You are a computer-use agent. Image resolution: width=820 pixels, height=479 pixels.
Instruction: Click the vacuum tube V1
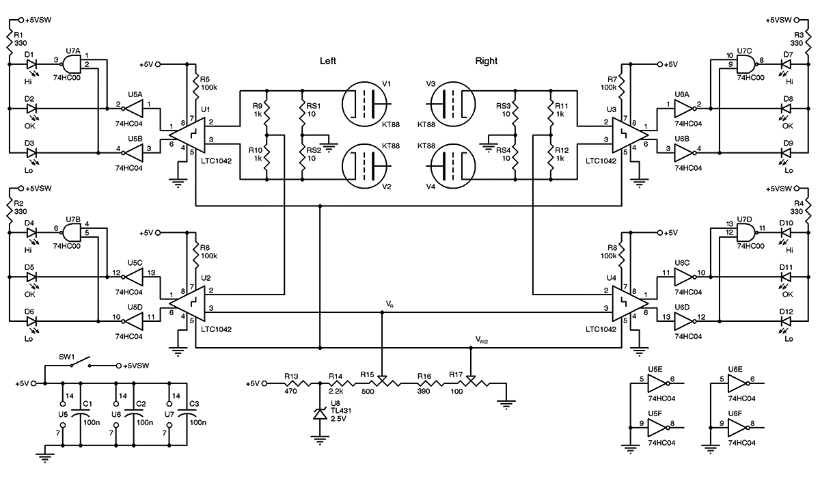click(x=365, y=104)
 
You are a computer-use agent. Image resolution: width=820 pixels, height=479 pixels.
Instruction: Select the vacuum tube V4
click(x=453, y=166)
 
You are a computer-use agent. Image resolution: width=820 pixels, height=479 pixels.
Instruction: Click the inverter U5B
click(x=133, y=153)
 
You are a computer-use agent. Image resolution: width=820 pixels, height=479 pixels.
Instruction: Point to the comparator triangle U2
click(x=187, y=303)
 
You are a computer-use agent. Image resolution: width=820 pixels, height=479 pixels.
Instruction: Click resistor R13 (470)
click(x=297, y=383)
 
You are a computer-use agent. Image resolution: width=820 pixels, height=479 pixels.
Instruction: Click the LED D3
click(x=31, y=153)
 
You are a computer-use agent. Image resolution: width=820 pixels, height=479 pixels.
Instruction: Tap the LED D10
click(x=785, y=233)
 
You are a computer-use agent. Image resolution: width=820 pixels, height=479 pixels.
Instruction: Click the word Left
click(x=328, y=61)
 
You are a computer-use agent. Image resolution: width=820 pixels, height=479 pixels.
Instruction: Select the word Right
click(x=486, y=61)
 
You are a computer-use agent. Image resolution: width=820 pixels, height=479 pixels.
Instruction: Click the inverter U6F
click(x=737, y=427)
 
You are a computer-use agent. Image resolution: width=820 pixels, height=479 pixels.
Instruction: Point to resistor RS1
click(x=302, y=111)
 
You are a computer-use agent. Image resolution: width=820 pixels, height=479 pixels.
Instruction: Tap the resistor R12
click(x=551, y=157)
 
